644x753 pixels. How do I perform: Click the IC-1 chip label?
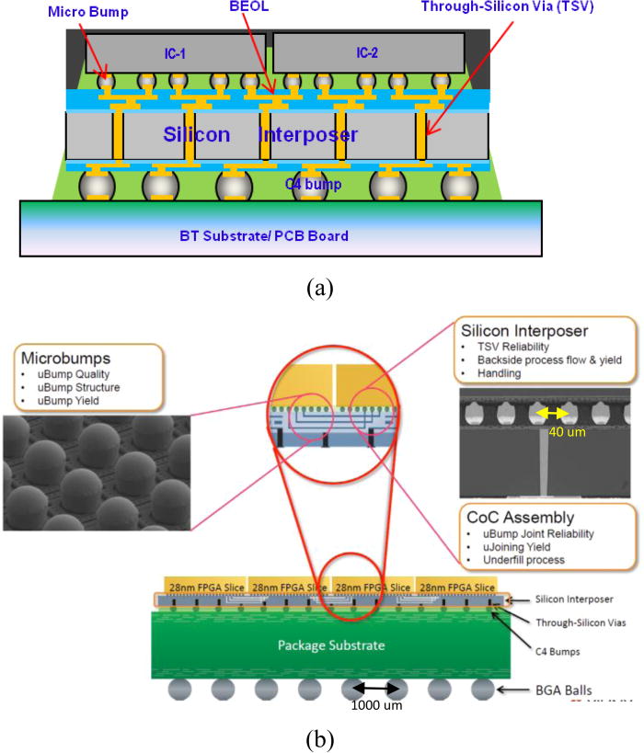(175, 54)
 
